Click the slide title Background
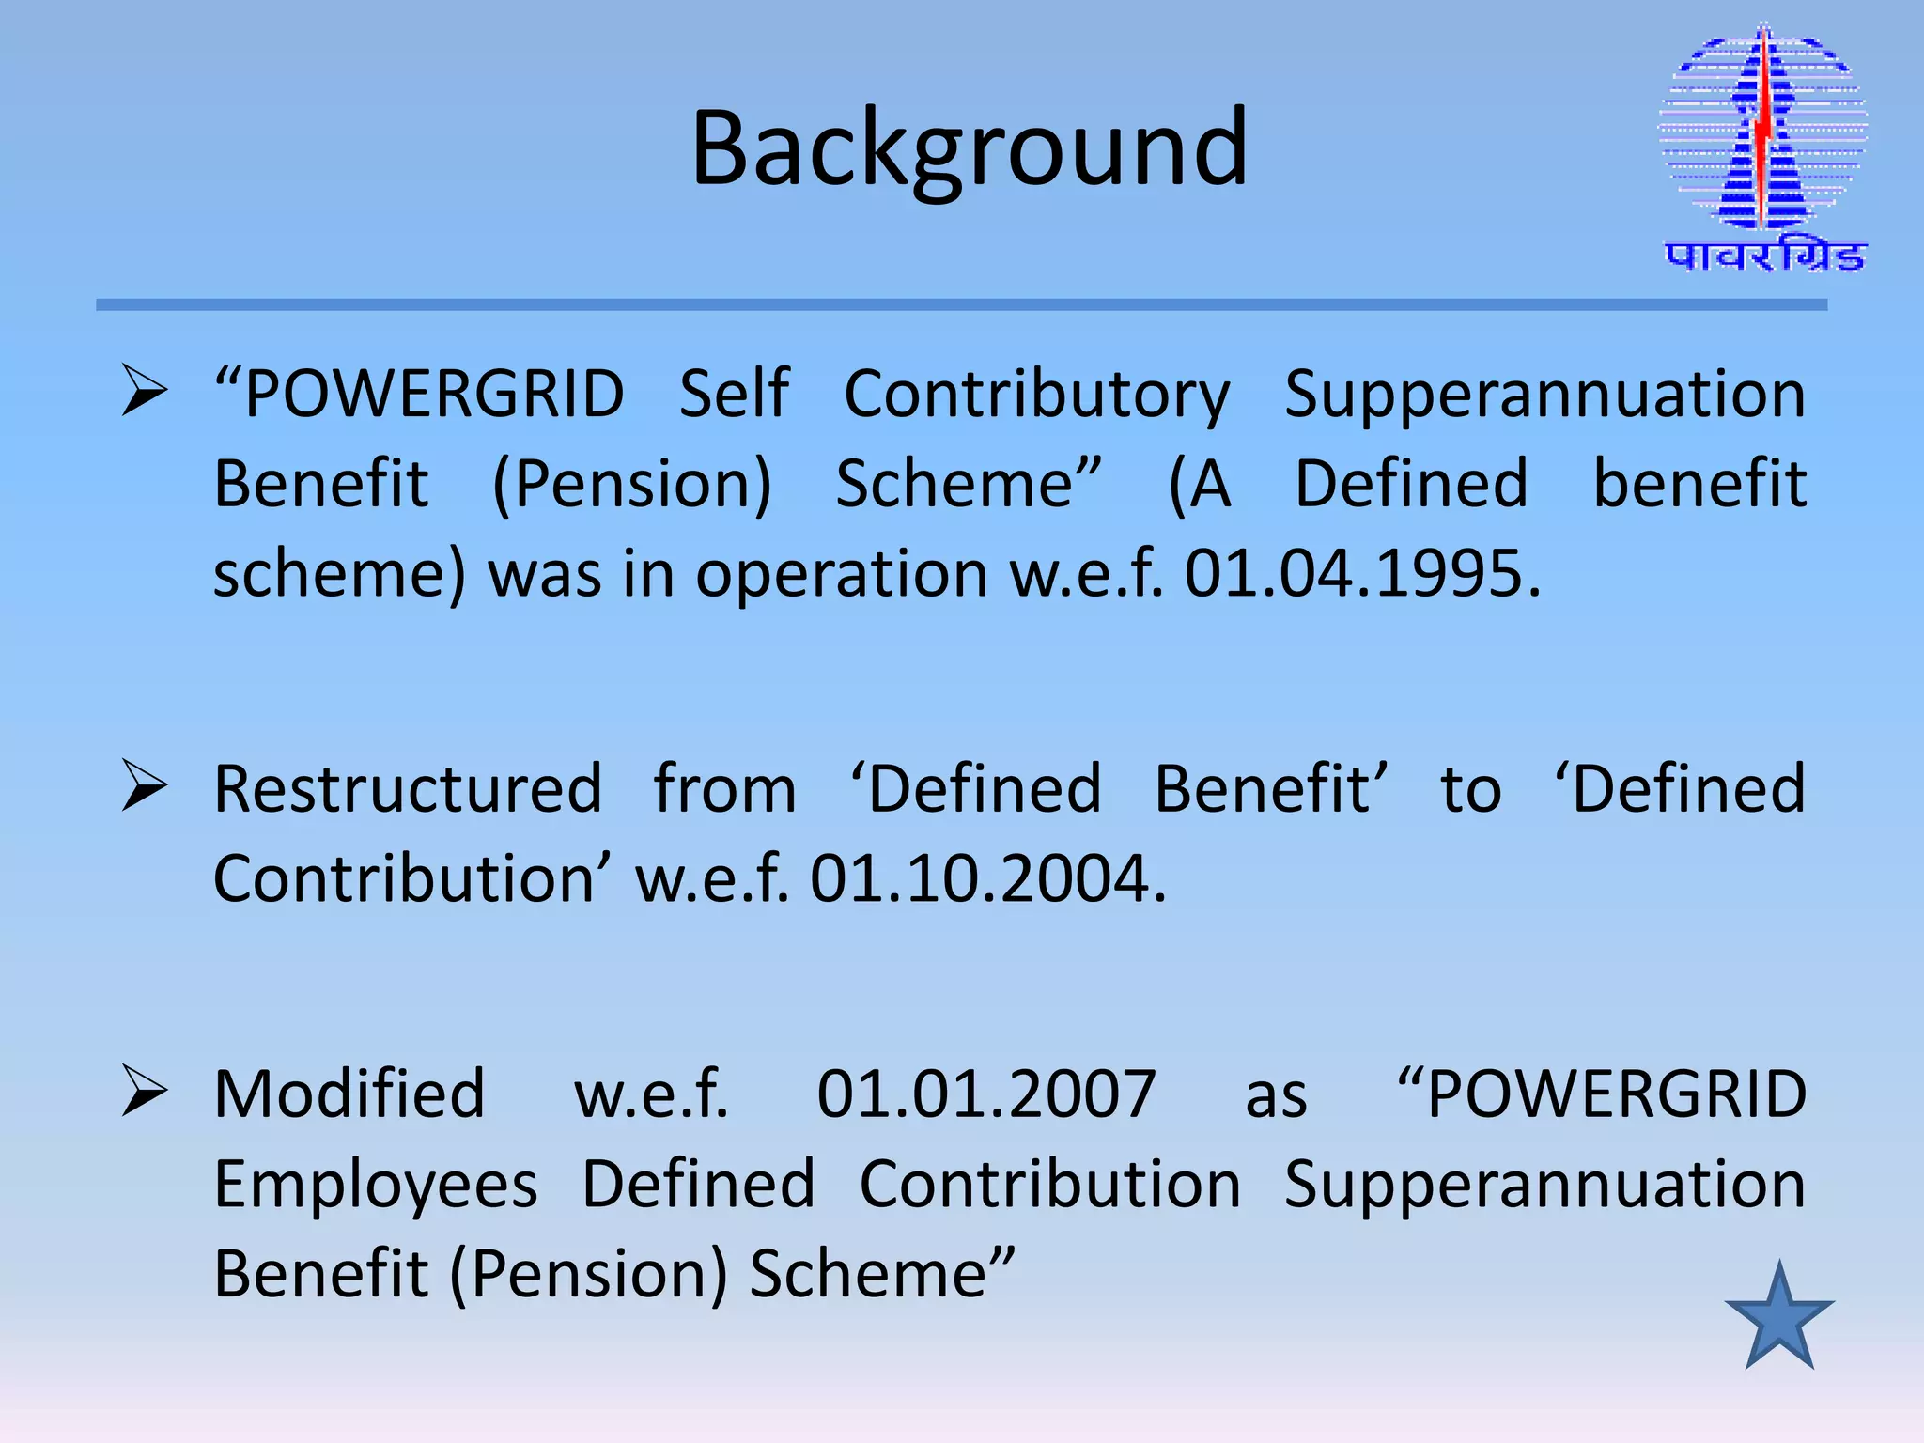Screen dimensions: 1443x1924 click(970, 148)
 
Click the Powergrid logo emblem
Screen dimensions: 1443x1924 click(1763, 132)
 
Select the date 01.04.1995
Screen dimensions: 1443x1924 click(1361, 573)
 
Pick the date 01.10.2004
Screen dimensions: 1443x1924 click(987, 878)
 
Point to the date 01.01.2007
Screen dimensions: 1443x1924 click(985, 1094)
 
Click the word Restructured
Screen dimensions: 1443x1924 click(408, 789)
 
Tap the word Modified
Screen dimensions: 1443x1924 click(349, 1094)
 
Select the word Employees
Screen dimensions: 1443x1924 click(376, 1185)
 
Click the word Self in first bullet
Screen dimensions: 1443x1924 click(734, 394)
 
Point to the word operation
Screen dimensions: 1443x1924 click(841, 575)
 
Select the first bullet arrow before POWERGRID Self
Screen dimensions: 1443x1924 click(145, 391)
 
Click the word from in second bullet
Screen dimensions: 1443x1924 click(724, 789)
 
